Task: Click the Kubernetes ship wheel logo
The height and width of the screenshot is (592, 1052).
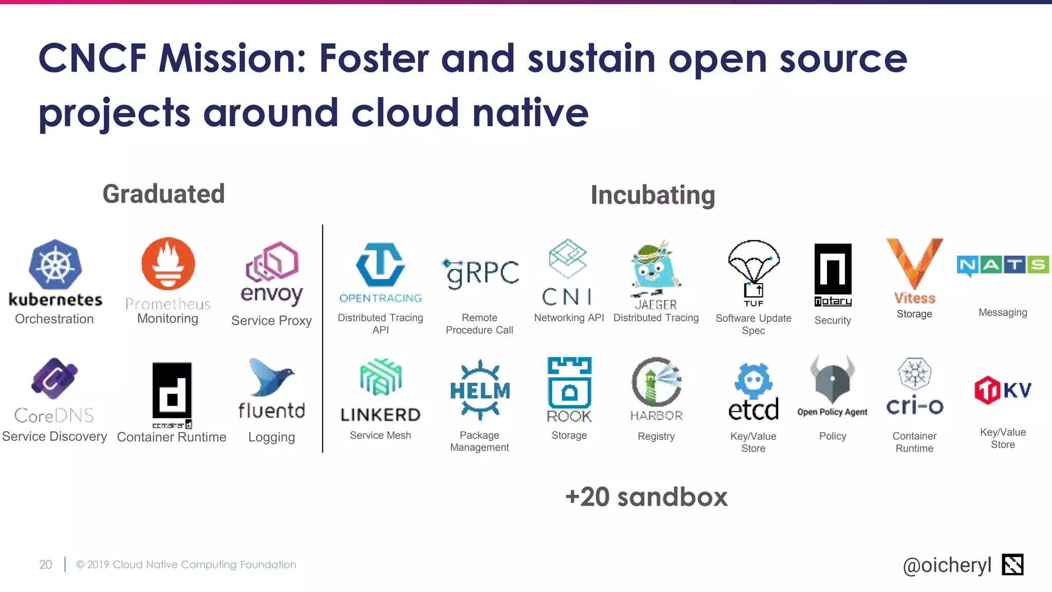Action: coord(55,265)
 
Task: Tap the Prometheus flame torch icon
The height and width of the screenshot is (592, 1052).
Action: coord(168,264)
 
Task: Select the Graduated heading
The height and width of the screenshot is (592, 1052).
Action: coord(163,194)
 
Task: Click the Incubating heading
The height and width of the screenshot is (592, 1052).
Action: coord(652,195)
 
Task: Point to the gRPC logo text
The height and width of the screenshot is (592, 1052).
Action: coord(481,273)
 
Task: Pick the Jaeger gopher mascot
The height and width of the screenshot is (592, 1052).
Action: coord(655,268)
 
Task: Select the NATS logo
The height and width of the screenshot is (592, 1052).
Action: coord(1002,265)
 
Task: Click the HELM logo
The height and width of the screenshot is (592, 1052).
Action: coord(480,391)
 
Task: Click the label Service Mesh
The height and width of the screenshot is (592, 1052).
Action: coord(380,435)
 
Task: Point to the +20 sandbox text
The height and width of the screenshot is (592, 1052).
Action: coord(646,497)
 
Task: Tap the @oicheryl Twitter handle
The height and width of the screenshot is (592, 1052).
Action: coord(947,565)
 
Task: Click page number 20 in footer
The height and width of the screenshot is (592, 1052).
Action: coord(45,564)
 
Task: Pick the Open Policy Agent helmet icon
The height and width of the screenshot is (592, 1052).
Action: coord(832,381)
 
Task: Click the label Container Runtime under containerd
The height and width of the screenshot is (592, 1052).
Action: coord(172,437)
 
